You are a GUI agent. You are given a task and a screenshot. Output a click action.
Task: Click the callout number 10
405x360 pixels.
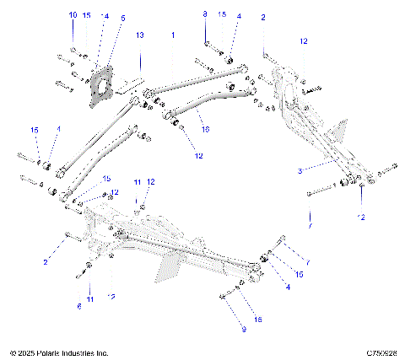coord(72,15)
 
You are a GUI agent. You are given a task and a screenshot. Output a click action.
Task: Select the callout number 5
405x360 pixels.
coord(122,17)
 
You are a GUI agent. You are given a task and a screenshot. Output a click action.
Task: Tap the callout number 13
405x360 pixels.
coord(140,35)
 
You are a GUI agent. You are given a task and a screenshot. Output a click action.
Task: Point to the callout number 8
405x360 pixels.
coord(205,15)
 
